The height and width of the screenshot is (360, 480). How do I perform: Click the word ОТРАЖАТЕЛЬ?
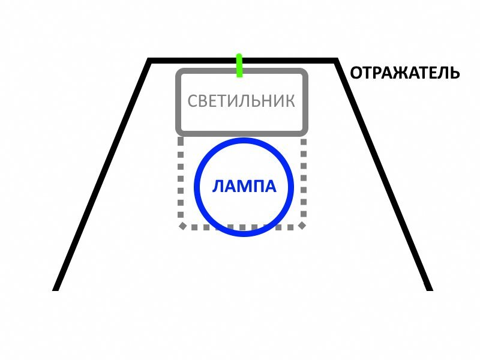pyautogui.click(x=405, y=73)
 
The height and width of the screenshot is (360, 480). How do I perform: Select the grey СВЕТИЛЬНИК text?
pyautogui.click(x=241, y=101)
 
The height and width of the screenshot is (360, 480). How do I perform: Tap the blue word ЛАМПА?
pyautogui.click(x=244, y=187)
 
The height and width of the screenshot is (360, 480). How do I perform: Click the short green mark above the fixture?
pyautogui.click(x=239, y=65)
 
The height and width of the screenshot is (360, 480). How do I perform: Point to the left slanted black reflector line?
pyautogui.click(x=103, y=174)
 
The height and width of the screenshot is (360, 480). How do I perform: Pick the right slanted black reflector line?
pyautogui.click(x=383, y=174)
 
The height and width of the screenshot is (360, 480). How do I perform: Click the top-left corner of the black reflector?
pyautogui.click(x=150, y=61)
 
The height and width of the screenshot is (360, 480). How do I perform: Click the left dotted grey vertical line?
pyautogui.click(x=180, y=180)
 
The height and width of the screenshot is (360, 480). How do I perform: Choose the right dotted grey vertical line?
pyautogui.click(x=303, y=180)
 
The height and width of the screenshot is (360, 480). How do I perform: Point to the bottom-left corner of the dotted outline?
pyautogui.click(x=182, y=226)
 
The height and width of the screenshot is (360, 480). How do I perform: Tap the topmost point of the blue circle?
pyautogui.click(x=244, y=140)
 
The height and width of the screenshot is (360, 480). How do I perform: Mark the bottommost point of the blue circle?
pyautogui.click(x=244, y=234)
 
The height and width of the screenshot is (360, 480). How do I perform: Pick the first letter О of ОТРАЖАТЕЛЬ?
pyautogui.click(x=356, y=73)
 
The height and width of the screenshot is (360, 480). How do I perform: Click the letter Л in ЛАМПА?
pyautogui.click(x=218, y=187)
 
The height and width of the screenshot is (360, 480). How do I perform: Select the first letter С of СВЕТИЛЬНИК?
pyautogui.click(x=193, y=101)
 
